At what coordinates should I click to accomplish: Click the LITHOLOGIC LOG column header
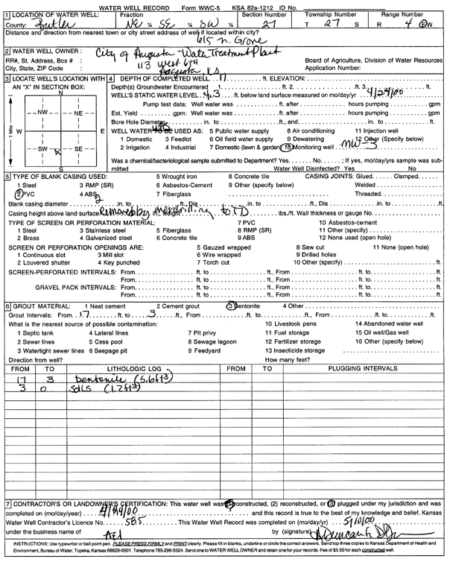(x=134, y=368)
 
